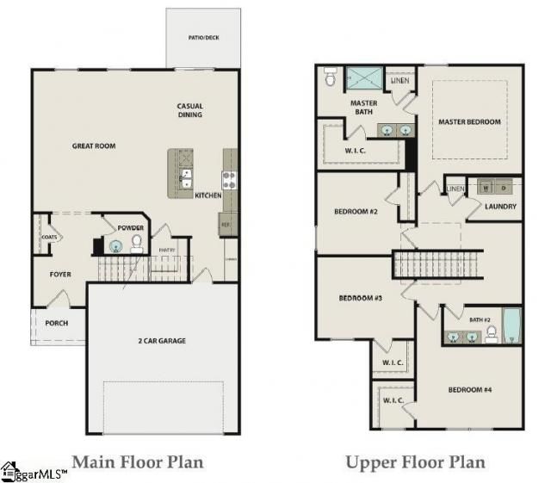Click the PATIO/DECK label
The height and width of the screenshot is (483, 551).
coord(203,38)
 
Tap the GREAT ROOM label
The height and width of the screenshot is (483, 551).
coord(94,146)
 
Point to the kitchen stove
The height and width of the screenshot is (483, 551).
coord(229,179)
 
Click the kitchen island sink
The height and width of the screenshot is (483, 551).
coord(185,178)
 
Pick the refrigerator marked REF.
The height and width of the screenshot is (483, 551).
coord(226,224)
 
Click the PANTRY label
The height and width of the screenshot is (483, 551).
coord(167,251)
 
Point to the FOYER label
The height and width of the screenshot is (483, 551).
coord(59,275)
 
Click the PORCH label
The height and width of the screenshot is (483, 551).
coord(57,324)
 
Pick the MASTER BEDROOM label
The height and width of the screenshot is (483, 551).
coord(469,122)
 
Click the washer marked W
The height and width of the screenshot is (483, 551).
coord(486,186)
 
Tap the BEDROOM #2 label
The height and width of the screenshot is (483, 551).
coord(356,211)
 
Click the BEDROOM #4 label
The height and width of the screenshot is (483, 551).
coord(470,390)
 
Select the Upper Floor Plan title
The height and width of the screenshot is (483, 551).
coord(415,462)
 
